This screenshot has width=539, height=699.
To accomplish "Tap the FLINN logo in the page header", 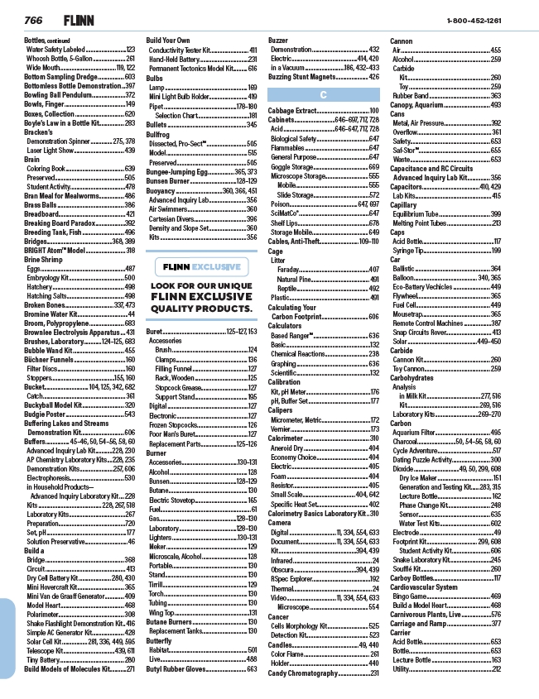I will click(78, 18).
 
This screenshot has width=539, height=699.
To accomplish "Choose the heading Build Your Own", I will click(167, 40).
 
